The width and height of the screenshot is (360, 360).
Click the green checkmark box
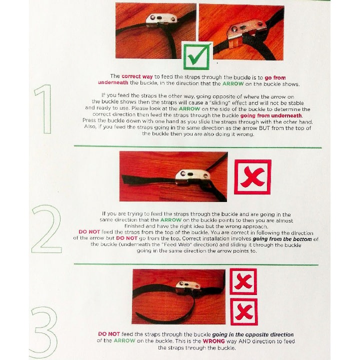(197, 56)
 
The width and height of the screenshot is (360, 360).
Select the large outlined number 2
(47, 229)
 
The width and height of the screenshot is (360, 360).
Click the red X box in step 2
(252, 177)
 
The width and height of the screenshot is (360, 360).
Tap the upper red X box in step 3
(243, 281)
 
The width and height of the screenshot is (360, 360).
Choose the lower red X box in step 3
(244, 311)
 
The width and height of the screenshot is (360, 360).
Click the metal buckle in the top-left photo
(162, 20)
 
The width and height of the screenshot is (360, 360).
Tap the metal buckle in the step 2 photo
(192, 177)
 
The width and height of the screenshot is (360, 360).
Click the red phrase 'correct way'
(137, 76)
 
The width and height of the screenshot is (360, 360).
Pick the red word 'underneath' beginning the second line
(113, 82)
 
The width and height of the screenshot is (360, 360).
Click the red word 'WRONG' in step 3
(213, 341)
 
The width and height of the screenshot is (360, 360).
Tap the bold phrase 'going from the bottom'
(282, 239)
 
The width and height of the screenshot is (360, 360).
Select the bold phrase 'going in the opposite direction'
(253, 334)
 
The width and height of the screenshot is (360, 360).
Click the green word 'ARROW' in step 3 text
(124, 340)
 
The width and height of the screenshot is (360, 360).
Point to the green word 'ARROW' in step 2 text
(171, 220)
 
